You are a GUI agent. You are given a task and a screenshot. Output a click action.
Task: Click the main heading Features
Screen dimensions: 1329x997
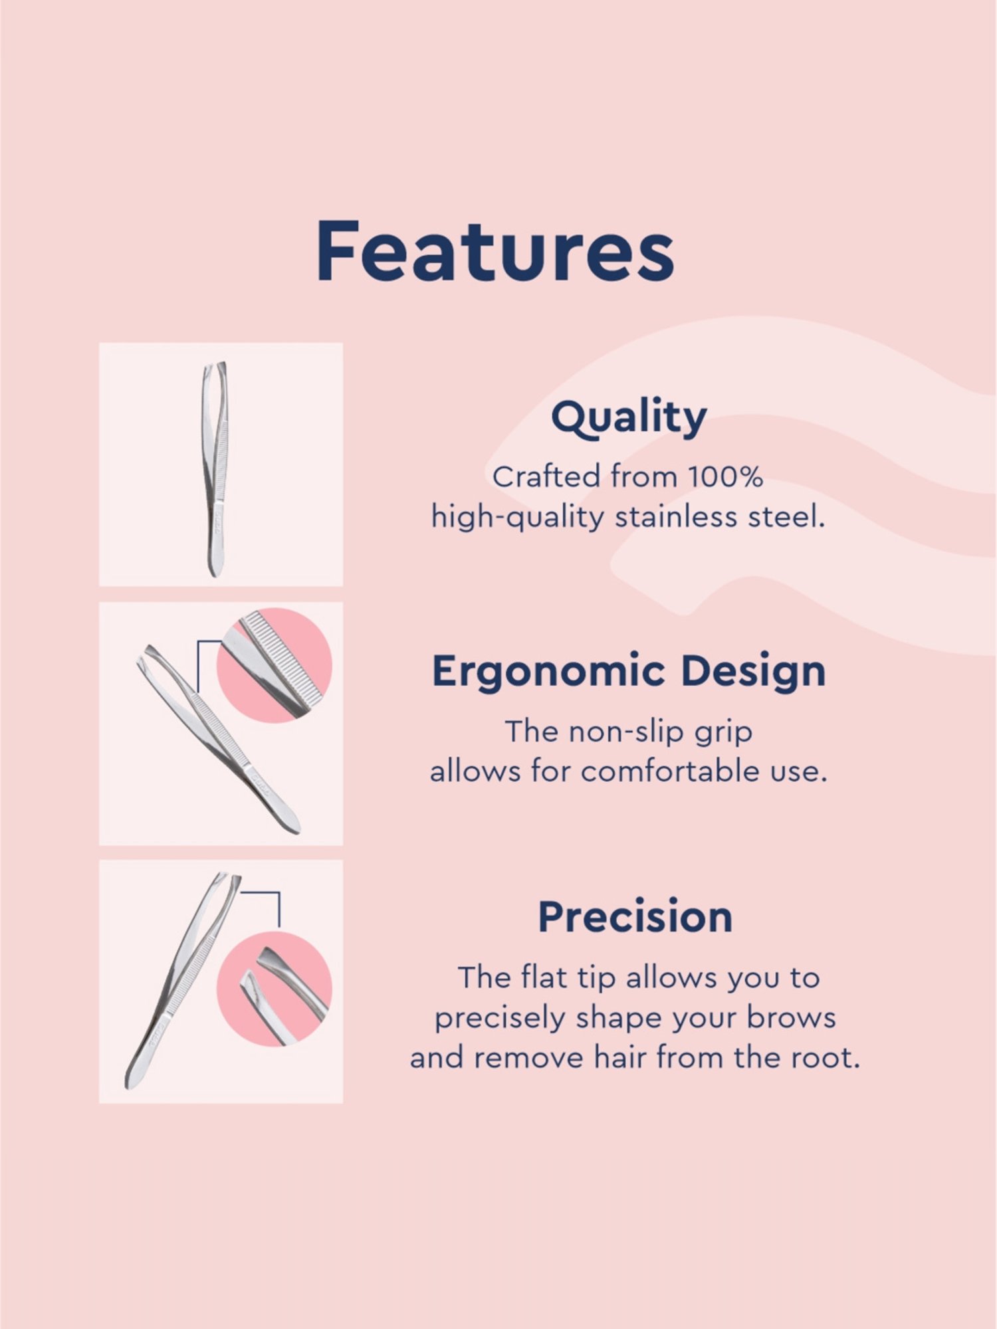pos(495,252)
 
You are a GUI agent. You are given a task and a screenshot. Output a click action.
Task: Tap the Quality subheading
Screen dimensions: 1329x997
pos(629,418)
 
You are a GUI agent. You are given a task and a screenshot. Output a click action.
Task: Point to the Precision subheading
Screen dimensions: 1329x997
pos(635,917)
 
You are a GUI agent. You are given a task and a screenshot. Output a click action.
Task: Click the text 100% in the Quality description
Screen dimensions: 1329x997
pos(725,477)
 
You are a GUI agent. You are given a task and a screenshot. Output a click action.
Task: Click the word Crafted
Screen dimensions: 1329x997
pos(546,477)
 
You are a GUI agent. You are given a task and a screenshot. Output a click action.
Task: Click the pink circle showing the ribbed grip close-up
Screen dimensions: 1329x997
pos(275,664)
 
